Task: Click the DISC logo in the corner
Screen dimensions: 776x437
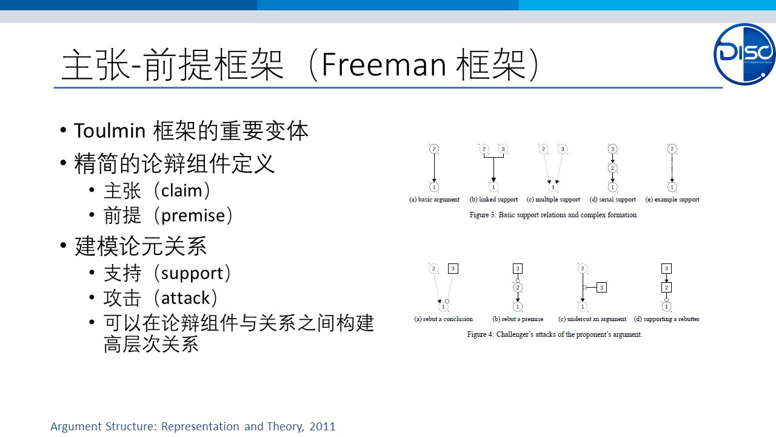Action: [744, 54]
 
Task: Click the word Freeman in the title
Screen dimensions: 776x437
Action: [384, 64]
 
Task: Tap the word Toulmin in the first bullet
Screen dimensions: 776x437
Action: [110, 130]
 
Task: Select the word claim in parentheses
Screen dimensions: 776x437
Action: [181, 191]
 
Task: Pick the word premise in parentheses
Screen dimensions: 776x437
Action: [193, 215]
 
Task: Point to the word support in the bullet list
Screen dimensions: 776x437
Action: [192, 274]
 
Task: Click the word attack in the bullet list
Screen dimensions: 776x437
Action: [186, 298]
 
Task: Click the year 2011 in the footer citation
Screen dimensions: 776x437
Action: [322, 426]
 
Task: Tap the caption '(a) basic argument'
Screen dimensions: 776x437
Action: [434, 200]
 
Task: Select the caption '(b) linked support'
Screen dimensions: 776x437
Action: [493, 200]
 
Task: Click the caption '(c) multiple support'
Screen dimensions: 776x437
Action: [554, 200]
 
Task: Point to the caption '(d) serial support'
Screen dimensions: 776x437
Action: [612, 200]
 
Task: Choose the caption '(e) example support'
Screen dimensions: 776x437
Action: [672, 200]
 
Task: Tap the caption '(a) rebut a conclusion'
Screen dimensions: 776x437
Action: [443, 319]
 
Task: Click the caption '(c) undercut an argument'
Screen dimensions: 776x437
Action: [592, 319]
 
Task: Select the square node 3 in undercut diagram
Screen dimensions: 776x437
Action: [602, 288]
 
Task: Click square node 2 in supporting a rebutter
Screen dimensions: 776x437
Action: [666, 288]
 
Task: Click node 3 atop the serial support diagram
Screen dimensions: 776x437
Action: [612, 149]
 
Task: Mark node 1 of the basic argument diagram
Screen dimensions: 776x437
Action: [433, 188]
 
